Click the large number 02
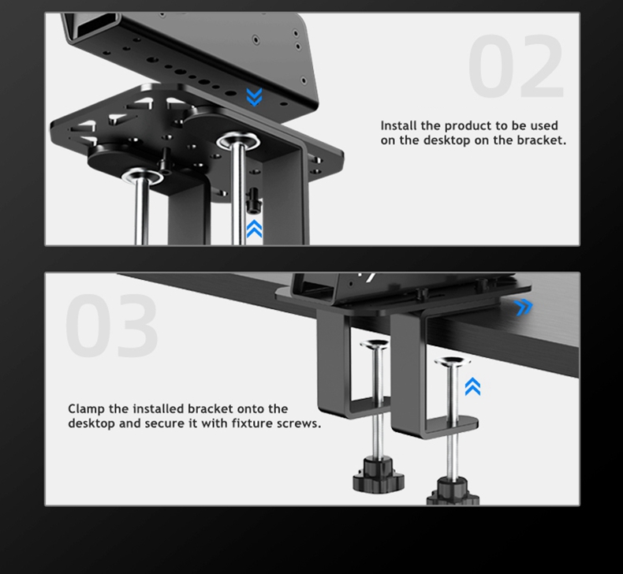pyautogui.click(x=516, y=66)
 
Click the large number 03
pyautogui.click(x=112, y=326)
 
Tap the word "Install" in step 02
pyautogui.click(x=399, y=125)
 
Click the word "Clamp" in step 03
pyautogui.click(x=86, y=409)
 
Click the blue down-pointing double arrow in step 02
pyautogui.click(x=254, y=96)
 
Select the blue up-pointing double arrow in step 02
pyautogui.click(x=254, y=229)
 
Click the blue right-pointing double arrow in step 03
pyautogui.click(x=523, y=307)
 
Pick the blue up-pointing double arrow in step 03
pyautogui.click(x=472, y=386)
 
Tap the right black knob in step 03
pyautogui.click(x=453, y=491)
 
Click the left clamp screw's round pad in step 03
pyautogui.click(x=375, y=344)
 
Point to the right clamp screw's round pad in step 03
pyautogui.click(x=452, y=361)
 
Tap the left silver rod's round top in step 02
pyautogui.click(x=141, y=176)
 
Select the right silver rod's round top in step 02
pyautogui.click(x=237, y=141)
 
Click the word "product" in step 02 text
pyautogui.click(x=467, y=126)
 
